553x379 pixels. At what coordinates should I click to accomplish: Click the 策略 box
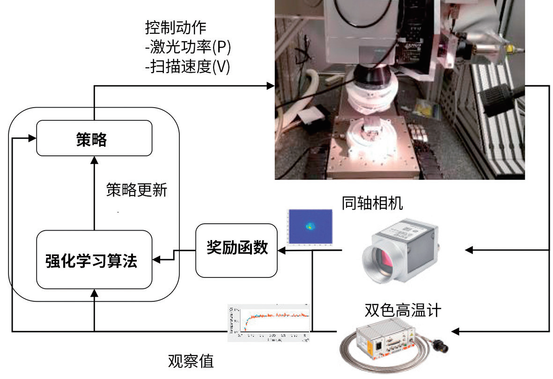[94, 138]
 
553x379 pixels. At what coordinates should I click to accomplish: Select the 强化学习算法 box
[94, 260]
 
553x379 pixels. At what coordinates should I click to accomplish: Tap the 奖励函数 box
[236, 249]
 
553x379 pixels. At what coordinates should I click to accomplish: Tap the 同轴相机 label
[372, 203]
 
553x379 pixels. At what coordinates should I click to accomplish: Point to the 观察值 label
[191, 361]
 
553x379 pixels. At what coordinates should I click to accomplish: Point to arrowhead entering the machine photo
[270, 86]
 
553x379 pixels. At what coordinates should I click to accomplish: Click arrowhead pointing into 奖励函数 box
[281, 250]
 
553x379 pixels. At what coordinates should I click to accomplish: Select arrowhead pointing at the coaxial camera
[469, 250]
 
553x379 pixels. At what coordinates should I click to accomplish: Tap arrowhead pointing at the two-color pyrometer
[455, 331]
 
